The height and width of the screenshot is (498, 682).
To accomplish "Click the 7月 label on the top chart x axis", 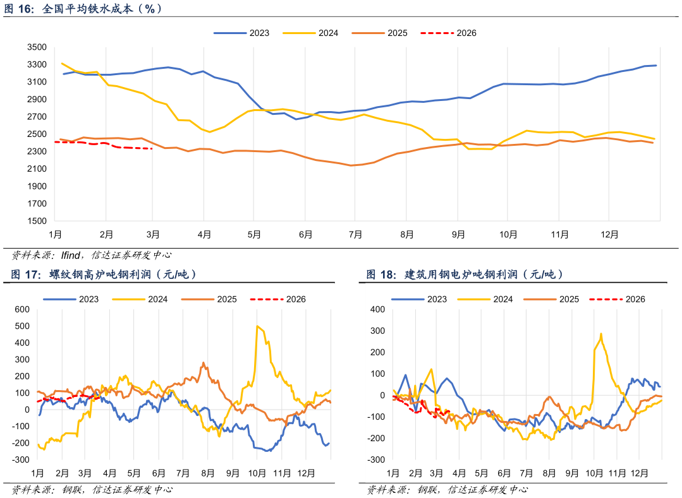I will pyautogui.click(x=355, y=235).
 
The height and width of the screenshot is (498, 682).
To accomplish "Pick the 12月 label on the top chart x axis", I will pyautogui.click(x=609, y=235).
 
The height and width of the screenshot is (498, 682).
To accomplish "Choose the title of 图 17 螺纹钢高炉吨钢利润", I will pyautogui.click(x=104, y=275).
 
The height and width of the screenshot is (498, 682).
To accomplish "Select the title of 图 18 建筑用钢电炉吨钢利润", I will pyautogui.click(x=465, y=275).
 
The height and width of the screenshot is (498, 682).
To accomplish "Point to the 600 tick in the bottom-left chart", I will pyautogui.click(x=23, y=309).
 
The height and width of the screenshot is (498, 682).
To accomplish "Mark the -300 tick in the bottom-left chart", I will pyautogui.click(x=21, y=459).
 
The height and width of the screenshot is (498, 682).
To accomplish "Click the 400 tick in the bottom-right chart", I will pyautogui.click(x=378, y=309).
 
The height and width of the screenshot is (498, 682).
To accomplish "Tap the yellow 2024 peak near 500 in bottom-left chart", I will pyautogui.click(x=257, y=326).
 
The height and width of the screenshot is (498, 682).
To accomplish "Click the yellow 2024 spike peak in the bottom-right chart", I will pyautogui.click(x=600, y=333).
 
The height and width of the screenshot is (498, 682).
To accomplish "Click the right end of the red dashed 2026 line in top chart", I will pyautogui.click(x=152, y=149).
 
